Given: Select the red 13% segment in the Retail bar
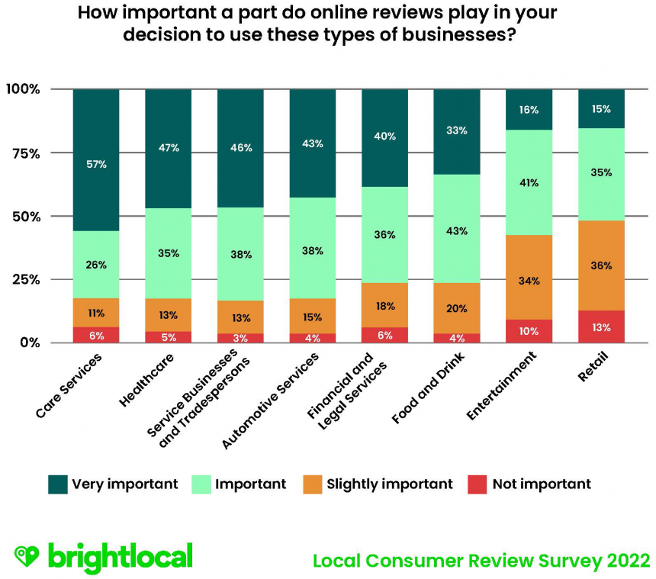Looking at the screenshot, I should click(x=601, y=326).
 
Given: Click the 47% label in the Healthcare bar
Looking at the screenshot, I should click(x=169, y=148).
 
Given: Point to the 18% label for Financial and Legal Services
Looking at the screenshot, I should click(x=385, y=306).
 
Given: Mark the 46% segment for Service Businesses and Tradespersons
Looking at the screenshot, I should click(x=240, y=148).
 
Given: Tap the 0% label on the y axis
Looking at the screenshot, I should click(x=28, y=343).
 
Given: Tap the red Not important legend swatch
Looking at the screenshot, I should click(x=478, y=484).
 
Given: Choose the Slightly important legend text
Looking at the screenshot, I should click(x=389, y=484).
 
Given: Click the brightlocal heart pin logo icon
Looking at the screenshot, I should click(x=27, y=556).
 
